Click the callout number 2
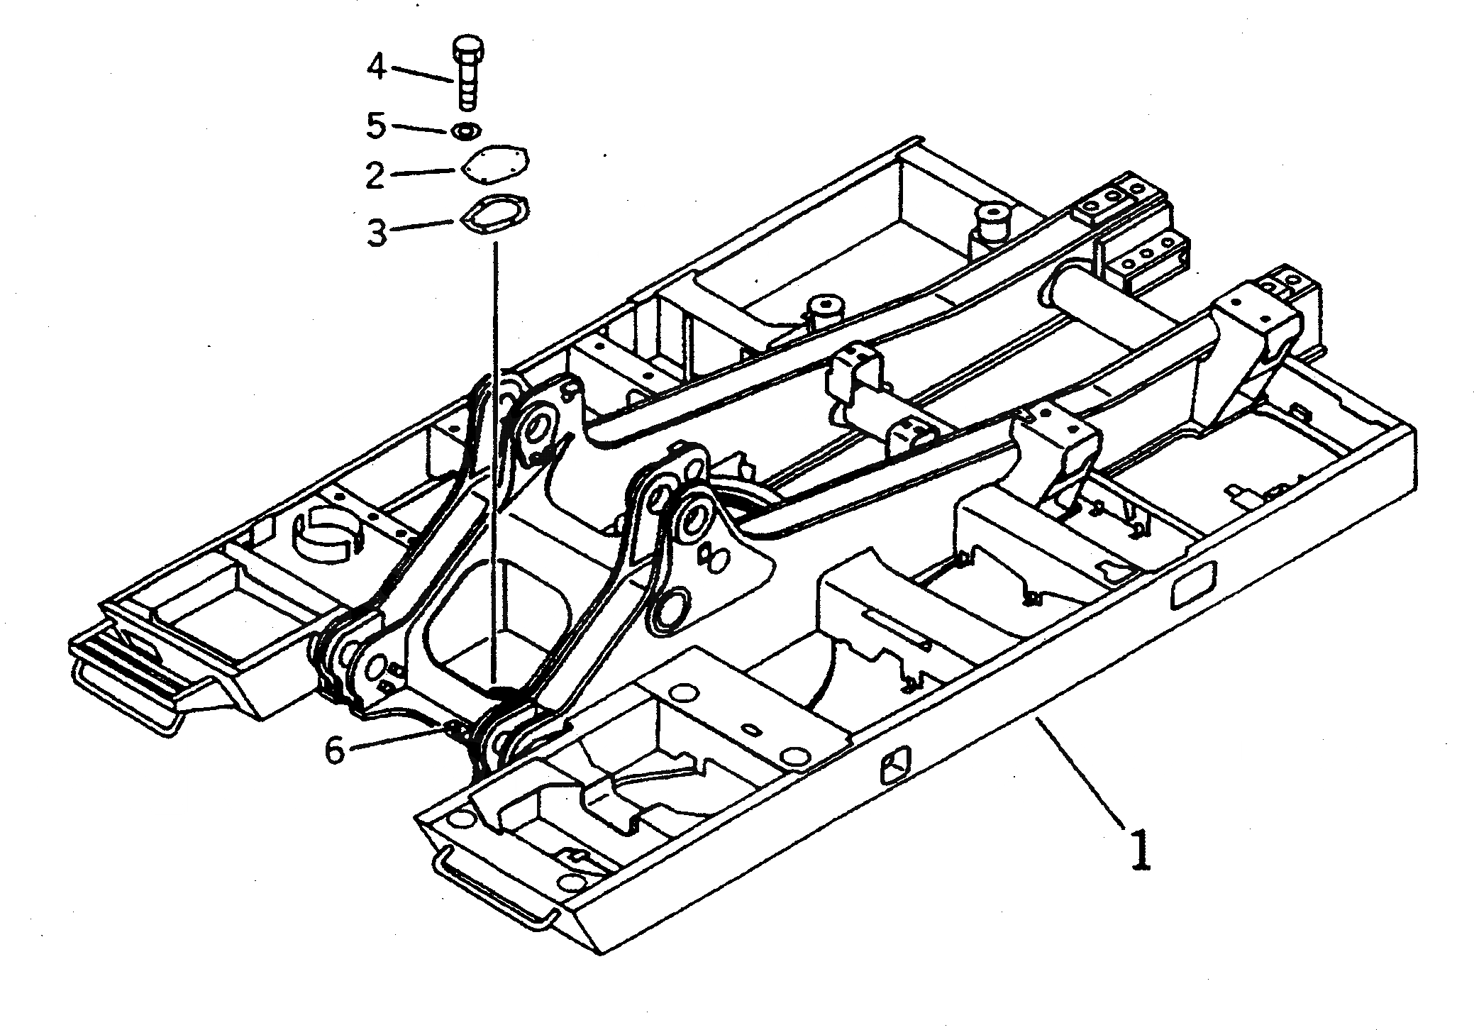point(375,175)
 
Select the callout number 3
point(377,231)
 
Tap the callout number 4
point(377,68)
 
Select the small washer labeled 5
point(466,131)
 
